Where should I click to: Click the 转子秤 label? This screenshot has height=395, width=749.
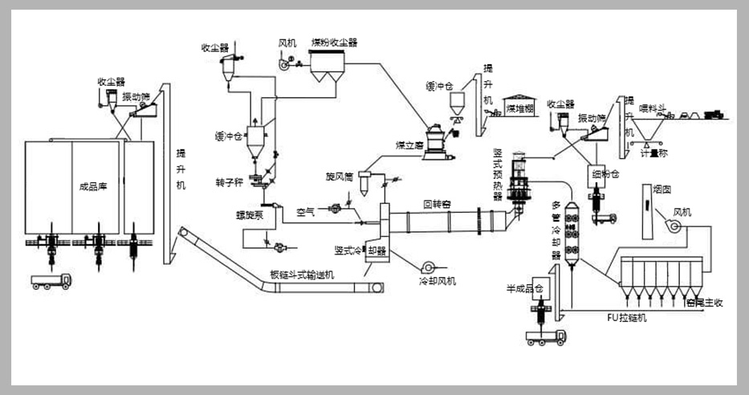(x=228, y=183)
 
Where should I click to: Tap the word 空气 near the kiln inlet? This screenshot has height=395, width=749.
(x=306, y=213)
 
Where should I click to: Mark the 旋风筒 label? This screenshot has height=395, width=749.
(x=340, y=174)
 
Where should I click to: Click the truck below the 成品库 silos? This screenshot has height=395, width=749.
(x=50, y=280)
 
